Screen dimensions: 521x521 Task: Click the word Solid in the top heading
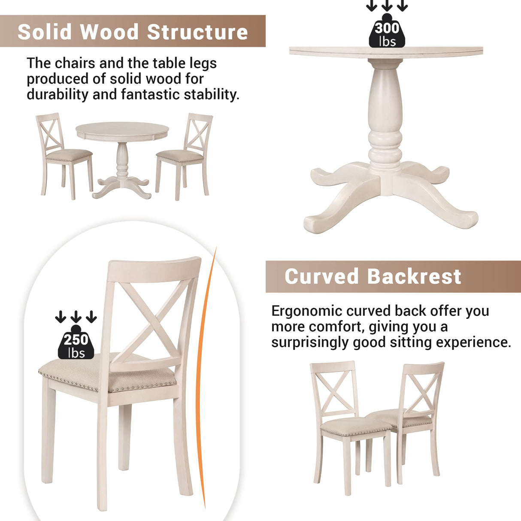coord(45,32)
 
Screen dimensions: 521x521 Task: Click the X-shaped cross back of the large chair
coord(150,318)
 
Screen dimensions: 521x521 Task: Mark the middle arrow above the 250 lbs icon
coord(76,317)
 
